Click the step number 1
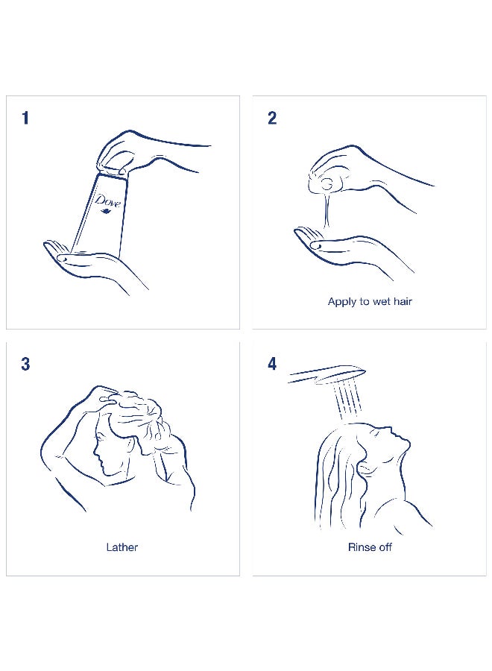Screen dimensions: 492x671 (x=25, y=118)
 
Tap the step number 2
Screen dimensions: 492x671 (x=272, y=118)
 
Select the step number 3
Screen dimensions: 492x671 (x=25, y=364)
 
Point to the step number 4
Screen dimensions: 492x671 (x=272, y=364)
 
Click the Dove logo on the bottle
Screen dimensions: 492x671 (x=107, y=203)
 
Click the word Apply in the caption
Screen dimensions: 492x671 (x=342, y=302)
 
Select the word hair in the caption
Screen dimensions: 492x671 (x=403, y=301)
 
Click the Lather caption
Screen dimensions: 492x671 (x=122, y=547)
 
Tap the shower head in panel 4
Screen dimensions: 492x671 (x=327, y=375)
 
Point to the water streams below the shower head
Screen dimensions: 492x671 (x=347, y=400)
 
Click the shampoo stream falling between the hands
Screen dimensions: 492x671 (x=327, y=210)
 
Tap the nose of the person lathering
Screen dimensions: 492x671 (x=95, y=453)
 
